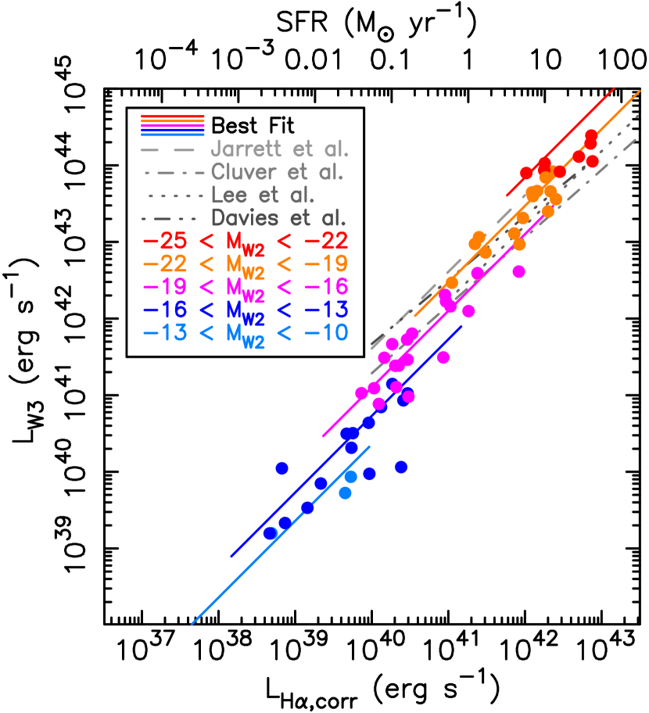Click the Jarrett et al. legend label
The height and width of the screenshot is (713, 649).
[279, 149]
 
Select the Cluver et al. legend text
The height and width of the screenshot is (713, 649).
[277, 173]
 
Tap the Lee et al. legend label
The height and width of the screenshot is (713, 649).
[262, 195]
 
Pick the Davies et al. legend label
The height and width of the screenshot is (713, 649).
[278, 218]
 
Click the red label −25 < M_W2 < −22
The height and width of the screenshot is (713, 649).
[245, 241]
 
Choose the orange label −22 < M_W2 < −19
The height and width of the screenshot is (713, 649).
[245, 264]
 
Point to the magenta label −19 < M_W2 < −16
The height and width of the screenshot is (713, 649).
[245, 287]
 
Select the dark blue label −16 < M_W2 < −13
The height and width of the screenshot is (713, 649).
[245, 310]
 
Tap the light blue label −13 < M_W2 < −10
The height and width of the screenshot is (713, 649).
[245, 333]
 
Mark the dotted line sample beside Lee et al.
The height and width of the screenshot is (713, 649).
[174, 195]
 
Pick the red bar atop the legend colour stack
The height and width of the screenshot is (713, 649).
[172, 116]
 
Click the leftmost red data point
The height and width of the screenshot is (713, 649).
[526, 173]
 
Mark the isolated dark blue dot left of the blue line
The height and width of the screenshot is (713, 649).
[282, 468]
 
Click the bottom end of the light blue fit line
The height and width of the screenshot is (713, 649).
[192, 624]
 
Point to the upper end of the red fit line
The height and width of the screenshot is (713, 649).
[614, 88]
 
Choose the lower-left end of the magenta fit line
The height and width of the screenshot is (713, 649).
[323, 437]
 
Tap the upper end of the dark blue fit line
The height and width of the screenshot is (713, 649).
[462, 326]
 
